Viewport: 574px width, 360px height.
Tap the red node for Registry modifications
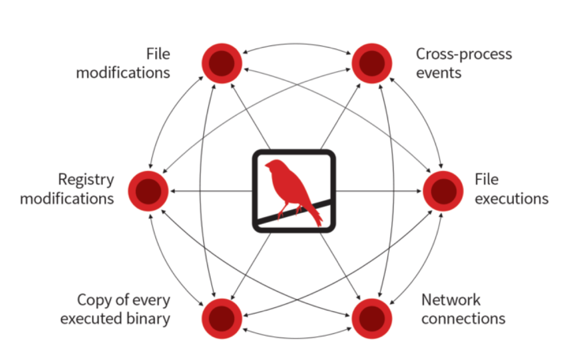click(x=148, y=191)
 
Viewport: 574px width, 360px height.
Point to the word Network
click(x=450, y=299)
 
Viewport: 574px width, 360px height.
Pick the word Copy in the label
click(x=93, y=299)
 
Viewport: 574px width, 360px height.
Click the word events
click(x=439, y=72)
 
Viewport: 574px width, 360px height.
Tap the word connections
click(x=463, y=319)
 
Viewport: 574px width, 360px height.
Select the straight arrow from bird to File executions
click(x=379, y=191)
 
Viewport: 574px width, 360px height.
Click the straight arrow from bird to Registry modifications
click(x=211, y=191)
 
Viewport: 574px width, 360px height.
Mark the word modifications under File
click(x=123, y=72)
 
